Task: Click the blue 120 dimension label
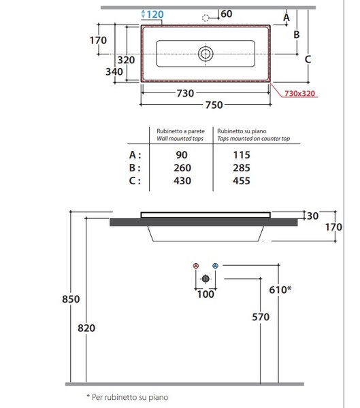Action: click(155, 14)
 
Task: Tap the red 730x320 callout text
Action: click(299, 93)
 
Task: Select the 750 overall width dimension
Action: click(214, 105)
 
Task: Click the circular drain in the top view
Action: click(206, 54)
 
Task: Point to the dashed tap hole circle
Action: click(206, 18)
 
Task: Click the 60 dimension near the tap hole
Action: click(226, 14)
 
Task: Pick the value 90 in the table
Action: click(182, 155)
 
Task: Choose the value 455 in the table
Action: click(242, 181)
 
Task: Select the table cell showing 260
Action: click(182, 168)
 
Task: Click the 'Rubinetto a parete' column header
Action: click(180, 131)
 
